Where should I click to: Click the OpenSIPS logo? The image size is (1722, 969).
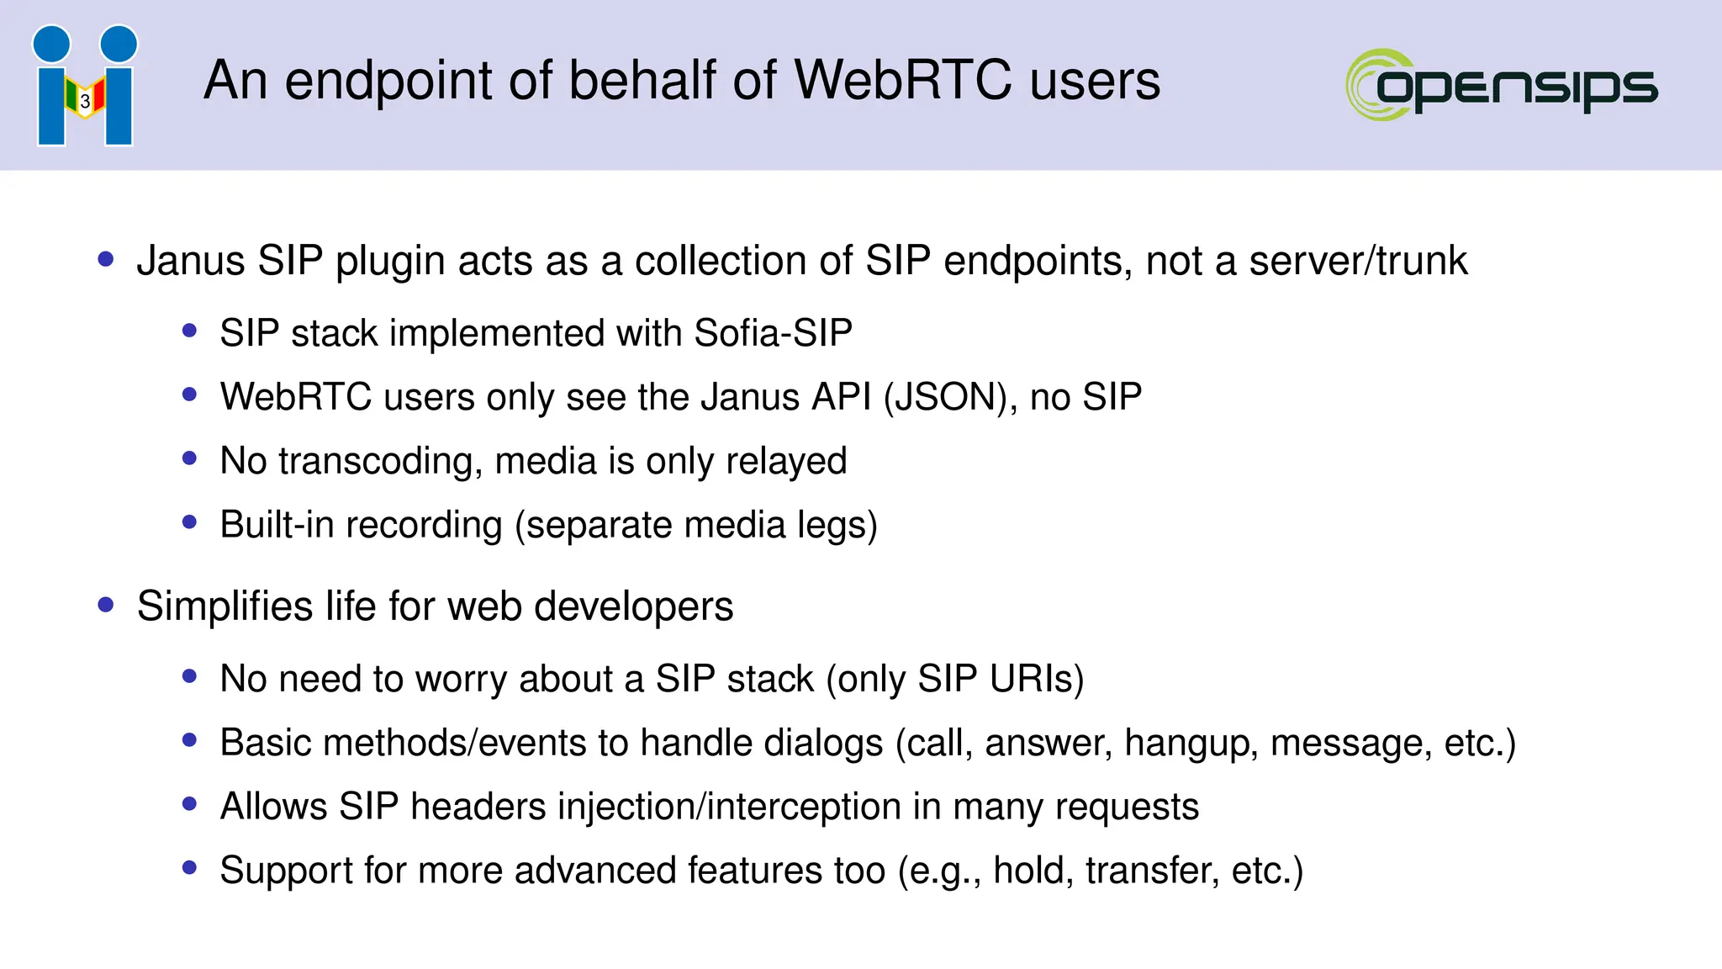tap(1502, 84)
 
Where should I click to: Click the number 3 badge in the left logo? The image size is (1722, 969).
tap(85, 101)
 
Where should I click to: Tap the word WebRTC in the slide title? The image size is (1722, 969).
tap(903, 81)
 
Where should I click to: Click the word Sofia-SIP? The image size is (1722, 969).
tap(773, 333)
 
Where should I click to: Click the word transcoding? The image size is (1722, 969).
tap(380, 462)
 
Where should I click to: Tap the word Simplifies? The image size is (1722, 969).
tap(224, 606)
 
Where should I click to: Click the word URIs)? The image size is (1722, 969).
tap(1037, 679)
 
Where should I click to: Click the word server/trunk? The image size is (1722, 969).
tap(1358, 261)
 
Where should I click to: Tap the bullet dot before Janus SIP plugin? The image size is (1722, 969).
tap(106, 259)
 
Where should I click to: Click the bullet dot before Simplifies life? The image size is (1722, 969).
tap(106, 605)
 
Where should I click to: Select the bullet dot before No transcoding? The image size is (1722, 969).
tap(189, 458)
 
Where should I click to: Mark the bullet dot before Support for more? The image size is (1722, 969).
tap(189, 868)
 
